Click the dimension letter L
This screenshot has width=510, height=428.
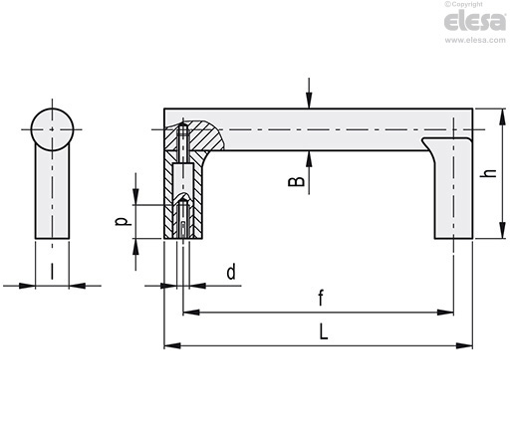[x=323, y=331]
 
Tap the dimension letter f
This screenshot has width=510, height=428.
[x=321, y=298]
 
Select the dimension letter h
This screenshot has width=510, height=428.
[x=488, y=173]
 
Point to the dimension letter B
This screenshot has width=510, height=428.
[x=296, y=182]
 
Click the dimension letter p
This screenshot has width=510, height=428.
[x=122, y=221]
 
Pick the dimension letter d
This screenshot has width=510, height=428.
[x=231, y=272]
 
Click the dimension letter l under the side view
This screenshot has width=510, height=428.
[x=52, y=272]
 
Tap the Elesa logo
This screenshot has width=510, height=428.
[x=474, y=21]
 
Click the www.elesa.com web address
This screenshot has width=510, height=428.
[x=475, y=40]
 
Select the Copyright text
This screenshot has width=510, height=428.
[x=463, y=4]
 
